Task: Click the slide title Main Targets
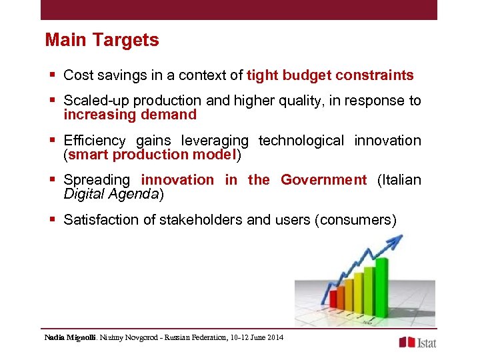102,40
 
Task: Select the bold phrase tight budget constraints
330,75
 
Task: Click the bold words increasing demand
130,115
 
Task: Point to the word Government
323,180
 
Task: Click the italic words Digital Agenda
111,194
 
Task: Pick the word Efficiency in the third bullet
94,141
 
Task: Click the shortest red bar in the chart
333,299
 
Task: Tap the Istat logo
417,342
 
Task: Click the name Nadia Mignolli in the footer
70,338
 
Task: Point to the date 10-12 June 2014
256,338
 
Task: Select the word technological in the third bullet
301,141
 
